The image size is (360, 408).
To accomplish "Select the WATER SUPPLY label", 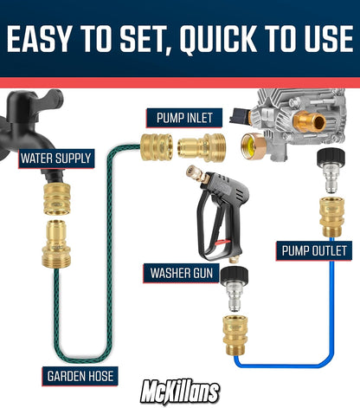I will pos(55,159).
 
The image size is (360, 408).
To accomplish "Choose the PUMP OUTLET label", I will pos(315,251).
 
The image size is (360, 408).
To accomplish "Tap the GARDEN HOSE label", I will pos(76,376).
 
